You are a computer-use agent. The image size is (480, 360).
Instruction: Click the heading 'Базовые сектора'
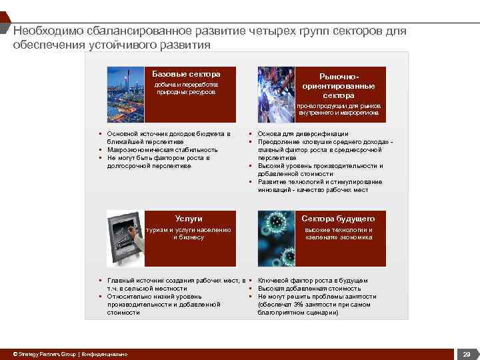186,73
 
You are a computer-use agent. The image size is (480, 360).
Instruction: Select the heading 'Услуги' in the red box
189,219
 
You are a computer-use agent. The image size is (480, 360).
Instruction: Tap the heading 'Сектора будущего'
338,219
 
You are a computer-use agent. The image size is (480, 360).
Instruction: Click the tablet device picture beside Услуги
126,238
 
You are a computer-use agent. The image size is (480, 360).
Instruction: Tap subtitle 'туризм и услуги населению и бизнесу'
189,233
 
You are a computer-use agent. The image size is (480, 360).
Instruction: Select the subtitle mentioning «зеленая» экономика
338,233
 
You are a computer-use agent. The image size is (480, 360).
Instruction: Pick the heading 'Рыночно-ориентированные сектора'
338,87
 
